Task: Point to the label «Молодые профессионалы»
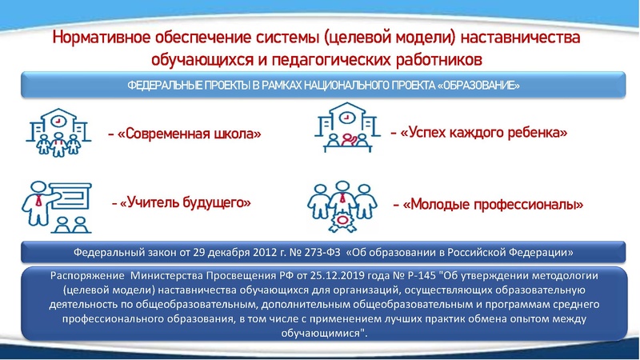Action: coord(493,205)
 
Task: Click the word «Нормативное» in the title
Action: coord(98,38)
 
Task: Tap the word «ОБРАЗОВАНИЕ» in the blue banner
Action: coord(480,86)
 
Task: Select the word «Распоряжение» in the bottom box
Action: coord(82,274)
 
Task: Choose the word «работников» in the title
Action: coord(437,59)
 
